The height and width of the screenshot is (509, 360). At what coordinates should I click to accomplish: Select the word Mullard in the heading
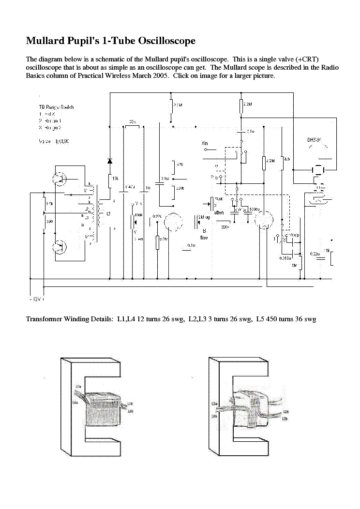pos(46,41)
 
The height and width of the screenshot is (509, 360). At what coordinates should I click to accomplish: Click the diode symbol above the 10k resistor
pos(110,161)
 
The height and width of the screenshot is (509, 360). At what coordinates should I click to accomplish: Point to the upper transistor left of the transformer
pos(61,179)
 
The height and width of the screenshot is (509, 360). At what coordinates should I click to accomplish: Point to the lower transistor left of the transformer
pos(61,247)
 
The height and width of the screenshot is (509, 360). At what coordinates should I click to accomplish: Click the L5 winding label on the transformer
pos(108,213)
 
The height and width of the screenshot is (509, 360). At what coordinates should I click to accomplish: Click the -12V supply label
pos(35,299)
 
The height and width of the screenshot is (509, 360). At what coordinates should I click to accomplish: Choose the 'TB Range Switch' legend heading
pos(56,107)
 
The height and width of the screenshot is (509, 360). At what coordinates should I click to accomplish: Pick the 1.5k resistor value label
pos(49,204)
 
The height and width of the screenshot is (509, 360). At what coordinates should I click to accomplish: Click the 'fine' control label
pos(205,238)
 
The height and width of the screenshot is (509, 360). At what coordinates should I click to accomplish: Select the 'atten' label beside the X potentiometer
pos(219,213)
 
